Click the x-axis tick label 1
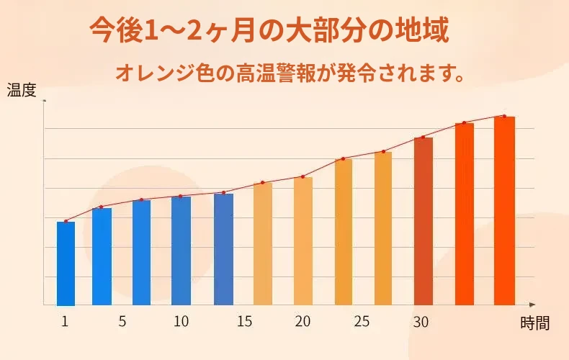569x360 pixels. tap(65, 322)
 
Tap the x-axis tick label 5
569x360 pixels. tap(122, 322)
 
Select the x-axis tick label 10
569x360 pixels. tap(181, 322)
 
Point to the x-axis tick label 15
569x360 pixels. tap(244, 322)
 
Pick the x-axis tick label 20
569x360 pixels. tap(303, 322)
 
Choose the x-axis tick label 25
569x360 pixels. tap(362, 322)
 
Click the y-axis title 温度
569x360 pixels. tap(22, 91)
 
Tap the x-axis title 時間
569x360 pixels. tap(534, 323)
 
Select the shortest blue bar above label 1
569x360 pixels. tap(66, 264)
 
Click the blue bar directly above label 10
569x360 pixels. tap(181, 251)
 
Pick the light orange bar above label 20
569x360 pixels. tap(303, 241)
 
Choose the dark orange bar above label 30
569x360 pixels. tap(424, 221)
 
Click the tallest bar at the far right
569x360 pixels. tap(504, 211)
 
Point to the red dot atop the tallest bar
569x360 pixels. tap(504, 116)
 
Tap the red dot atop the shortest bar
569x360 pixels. tap(66, 221)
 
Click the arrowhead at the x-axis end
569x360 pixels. tap(532, 305)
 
